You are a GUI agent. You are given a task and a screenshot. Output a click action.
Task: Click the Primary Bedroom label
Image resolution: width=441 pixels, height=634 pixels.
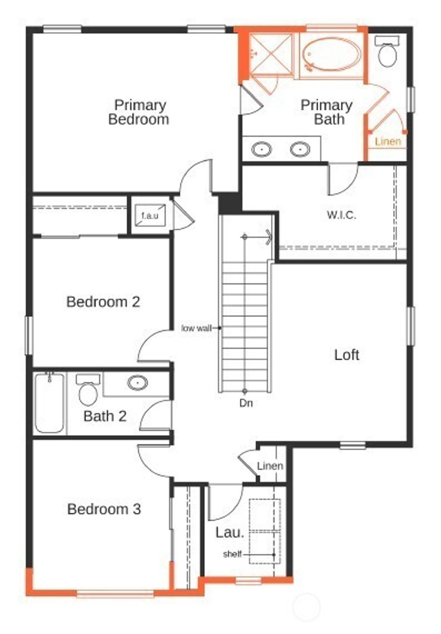click(138, 112)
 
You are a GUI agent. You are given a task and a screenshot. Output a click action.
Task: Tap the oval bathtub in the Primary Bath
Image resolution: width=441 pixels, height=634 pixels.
click(331, 55)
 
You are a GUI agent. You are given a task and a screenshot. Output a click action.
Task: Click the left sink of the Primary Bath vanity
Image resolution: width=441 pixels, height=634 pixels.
click(261, 150)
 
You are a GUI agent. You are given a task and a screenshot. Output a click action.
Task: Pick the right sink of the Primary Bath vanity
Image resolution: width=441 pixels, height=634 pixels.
click(300, 150)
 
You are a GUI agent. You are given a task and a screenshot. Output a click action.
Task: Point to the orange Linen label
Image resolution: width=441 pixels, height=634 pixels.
click(388, 142)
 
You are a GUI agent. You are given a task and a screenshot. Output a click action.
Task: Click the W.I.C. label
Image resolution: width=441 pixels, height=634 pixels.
click(341, 215)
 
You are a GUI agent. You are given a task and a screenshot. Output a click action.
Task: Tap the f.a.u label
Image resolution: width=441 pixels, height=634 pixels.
click(149, 216)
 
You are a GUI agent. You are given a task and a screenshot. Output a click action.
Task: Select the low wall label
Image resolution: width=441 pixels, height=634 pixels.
click(196, 328)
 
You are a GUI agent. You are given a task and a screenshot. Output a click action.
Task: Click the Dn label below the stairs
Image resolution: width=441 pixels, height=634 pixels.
click(246, 403)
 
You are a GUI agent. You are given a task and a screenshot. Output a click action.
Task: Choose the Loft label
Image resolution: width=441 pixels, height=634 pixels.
click(347, 355)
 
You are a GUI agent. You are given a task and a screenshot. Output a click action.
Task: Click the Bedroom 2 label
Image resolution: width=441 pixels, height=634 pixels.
click(103, 302)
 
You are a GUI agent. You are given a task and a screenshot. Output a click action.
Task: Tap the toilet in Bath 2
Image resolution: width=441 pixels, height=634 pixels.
click(88, 392)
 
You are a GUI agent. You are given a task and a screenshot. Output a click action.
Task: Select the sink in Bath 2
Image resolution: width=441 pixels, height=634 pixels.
click(137, 382)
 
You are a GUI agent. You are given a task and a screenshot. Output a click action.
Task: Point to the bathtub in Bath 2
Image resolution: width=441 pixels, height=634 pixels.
click(50, 403)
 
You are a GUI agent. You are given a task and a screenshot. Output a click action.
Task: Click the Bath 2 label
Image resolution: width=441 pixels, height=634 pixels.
click(105, 416)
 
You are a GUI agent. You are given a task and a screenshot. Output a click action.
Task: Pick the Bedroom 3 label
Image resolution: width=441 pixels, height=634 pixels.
click(104, 509)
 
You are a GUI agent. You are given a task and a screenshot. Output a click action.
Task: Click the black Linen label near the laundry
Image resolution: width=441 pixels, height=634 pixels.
click(270, 466)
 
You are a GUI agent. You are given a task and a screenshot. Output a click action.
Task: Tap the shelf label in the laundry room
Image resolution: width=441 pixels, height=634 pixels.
click(232, 554)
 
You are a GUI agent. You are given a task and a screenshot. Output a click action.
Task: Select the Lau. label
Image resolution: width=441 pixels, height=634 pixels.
click(230, 532)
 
